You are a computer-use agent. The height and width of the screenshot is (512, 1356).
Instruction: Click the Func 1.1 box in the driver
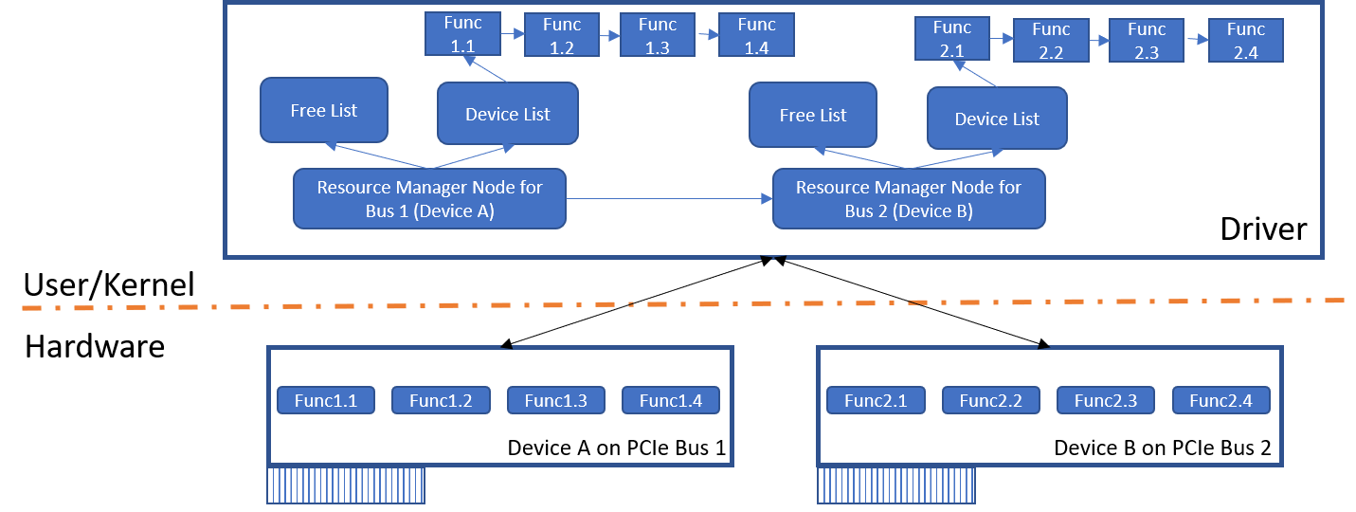coord(462,33)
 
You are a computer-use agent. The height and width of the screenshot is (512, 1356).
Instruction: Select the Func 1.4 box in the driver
coord(756,36)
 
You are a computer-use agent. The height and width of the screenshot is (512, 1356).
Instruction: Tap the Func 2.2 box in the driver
coord(1051,41)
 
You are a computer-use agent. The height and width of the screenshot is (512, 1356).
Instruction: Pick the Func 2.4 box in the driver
coord(1245,41)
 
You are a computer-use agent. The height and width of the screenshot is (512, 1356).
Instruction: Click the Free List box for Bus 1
coord(324,111)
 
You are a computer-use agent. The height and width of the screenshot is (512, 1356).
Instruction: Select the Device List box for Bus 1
coord(507,114)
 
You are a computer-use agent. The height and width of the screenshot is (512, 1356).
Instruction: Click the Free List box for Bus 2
coord(812,116)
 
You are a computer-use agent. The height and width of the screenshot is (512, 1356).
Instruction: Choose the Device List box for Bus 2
coord(997,119)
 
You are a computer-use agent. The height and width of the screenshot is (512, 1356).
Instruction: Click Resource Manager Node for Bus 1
coord(429,199)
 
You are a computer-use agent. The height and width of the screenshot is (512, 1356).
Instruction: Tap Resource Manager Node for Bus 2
coord(909,199)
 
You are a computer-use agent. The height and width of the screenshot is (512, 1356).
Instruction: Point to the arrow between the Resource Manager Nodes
coord(669,199)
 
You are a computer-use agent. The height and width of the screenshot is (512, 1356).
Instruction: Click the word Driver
coord(1263,229)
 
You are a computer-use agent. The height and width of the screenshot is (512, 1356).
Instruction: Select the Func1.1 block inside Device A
coord(326,400)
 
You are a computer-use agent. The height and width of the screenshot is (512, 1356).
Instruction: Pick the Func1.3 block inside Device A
coord(555,400)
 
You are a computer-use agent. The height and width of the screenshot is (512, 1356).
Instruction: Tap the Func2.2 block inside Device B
coord(990,400)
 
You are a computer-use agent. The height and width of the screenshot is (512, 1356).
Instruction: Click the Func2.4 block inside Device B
coord(1220,400)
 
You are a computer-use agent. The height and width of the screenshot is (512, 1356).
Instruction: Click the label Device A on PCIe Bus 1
coord(617,448)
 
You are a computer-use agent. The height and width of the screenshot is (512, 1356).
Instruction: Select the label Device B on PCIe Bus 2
coord(1163,448)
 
